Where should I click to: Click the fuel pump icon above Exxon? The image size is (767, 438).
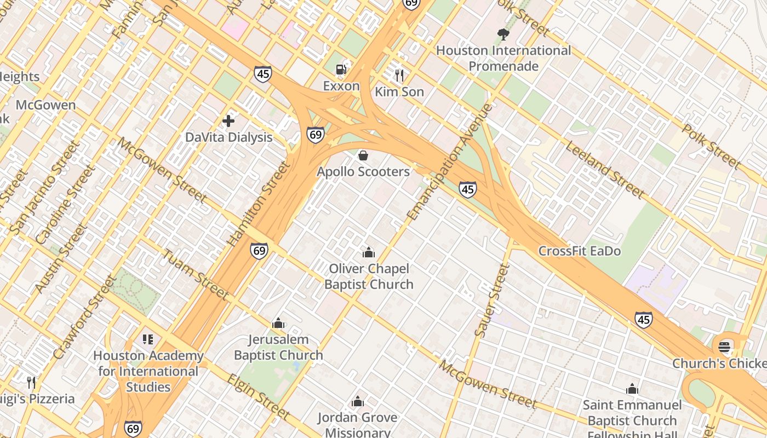(341, 70)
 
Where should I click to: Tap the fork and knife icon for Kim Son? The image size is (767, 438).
(399, 75)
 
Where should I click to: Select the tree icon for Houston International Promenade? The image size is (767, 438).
(503, 34)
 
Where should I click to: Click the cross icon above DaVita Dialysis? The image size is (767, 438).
(228, 120)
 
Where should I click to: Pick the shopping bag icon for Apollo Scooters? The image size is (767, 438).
(363, 155)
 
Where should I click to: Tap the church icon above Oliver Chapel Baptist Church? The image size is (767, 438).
(369, 252)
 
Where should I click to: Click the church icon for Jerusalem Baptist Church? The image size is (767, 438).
(278, 323)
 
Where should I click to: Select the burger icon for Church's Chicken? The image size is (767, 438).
(724, 347)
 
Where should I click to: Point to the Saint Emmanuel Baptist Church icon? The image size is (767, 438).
(632, 389)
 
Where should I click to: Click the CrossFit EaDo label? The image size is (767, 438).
(580, 251)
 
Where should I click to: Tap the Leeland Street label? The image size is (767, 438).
(604, 169)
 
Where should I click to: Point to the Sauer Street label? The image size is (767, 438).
(491, 301)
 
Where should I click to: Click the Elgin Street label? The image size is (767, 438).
(257, 396)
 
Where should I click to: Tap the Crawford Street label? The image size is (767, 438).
(84, 318)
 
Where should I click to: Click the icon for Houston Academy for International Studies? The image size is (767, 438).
(147, 339)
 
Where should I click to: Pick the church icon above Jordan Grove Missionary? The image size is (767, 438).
(358, 402)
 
